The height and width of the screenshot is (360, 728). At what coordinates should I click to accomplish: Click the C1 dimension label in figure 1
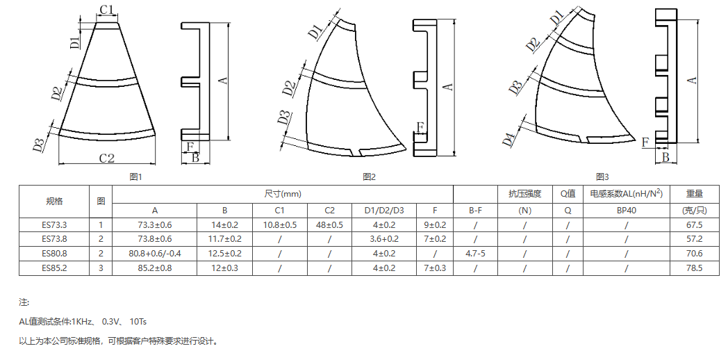pyautogui.click(x=107, y=9)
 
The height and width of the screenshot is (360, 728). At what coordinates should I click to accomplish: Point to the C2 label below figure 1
pyautogui.click(x=107, y=158)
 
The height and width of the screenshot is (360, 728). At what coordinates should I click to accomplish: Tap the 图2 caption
pyautogui.click(x=369, y=177)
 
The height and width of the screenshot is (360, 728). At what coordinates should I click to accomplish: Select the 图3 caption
pyautogui.click(x=602, y=177)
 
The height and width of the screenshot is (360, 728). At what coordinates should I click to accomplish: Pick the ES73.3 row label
pyautogui.click(x=54, y=225)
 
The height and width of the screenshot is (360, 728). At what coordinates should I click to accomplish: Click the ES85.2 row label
pyautogui.click(x=54, y=268)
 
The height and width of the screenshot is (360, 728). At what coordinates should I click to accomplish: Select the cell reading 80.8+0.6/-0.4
pyautogui.click(x=155, y=254)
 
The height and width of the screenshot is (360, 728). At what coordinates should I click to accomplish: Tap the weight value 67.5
pyautogui.click(x=694, y=225)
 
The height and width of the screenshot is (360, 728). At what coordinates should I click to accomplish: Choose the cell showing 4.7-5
pyautogui.click(x=475, y=254)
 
